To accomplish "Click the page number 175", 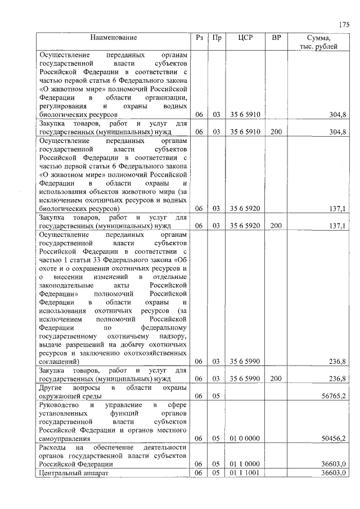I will pyautogui.click(x=344, y=24).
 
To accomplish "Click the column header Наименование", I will pyautogui.click(x=112, y=38).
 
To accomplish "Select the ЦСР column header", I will pyautogui.click(x=245, y=38).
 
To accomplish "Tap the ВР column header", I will pyautogui.click(x=276, y=38).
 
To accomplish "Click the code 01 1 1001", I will pyautogui.click(x=245, y=473).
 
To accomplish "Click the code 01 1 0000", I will pyautogui.click(x=245, y=464).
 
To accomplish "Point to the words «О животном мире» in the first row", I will pyautogui.click(x=71, y=88).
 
